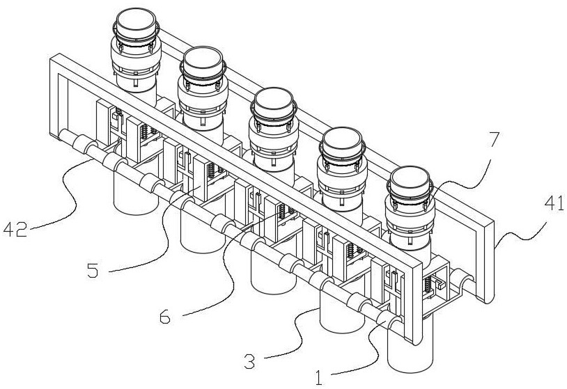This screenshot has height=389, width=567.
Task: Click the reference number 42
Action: click(x=15, y=230)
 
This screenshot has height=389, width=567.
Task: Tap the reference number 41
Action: click(x=554, y=204)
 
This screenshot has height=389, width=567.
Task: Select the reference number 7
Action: click(x=495, y=140)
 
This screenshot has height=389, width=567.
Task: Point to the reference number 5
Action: click(x=93, y=270)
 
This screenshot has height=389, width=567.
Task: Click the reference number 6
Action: click(x=165, y=317)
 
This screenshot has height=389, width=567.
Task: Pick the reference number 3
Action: click(x=249, y=362)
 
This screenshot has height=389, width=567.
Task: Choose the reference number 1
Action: click(x=318, y=378)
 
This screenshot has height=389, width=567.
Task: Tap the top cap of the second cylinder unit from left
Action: click(x=202, y=61)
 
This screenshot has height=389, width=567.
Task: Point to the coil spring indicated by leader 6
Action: click(x=281, y=212)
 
